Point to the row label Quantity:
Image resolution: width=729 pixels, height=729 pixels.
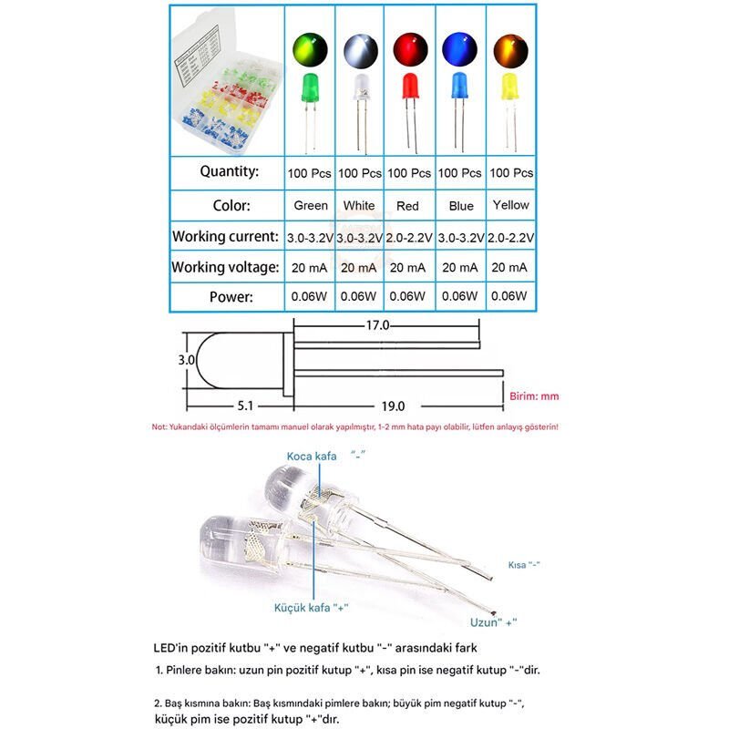(x=230, y=171)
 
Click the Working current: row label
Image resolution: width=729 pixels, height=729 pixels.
(x=226, y=236)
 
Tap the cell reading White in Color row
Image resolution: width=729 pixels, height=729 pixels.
(x=359, y=205)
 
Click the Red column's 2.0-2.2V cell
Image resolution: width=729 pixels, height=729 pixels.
(x=409, y=237)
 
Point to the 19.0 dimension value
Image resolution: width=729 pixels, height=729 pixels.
(x=393, y=406)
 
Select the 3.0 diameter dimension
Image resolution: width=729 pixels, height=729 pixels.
(x=187, y=360)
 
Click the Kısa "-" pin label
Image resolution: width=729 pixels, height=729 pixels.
(x=524, y=565)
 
